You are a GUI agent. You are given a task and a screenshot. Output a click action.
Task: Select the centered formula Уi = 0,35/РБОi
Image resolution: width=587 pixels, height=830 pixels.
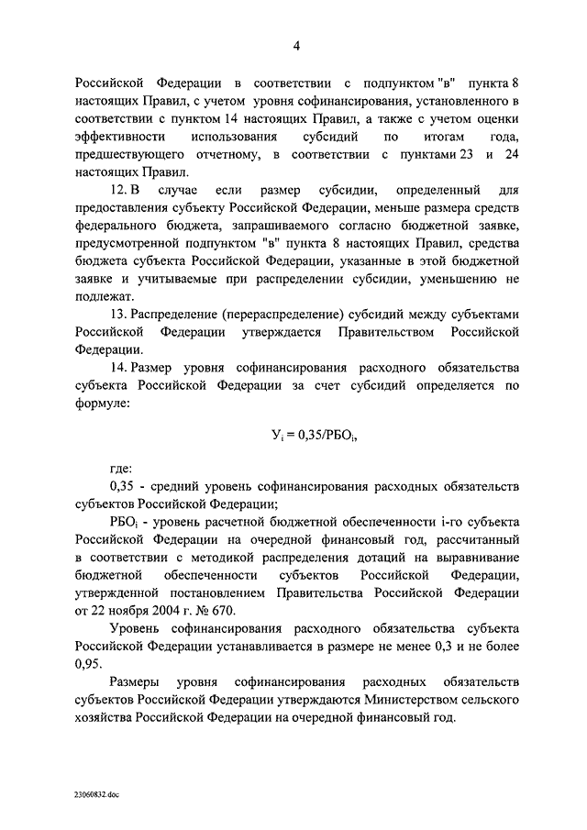295,436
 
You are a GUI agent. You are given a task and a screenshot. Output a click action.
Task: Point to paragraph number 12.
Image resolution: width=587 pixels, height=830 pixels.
119,191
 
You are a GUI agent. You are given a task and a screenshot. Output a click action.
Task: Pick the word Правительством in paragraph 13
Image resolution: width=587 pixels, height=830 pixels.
383,333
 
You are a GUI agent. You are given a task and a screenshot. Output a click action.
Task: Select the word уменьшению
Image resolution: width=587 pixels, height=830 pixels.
451,278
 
